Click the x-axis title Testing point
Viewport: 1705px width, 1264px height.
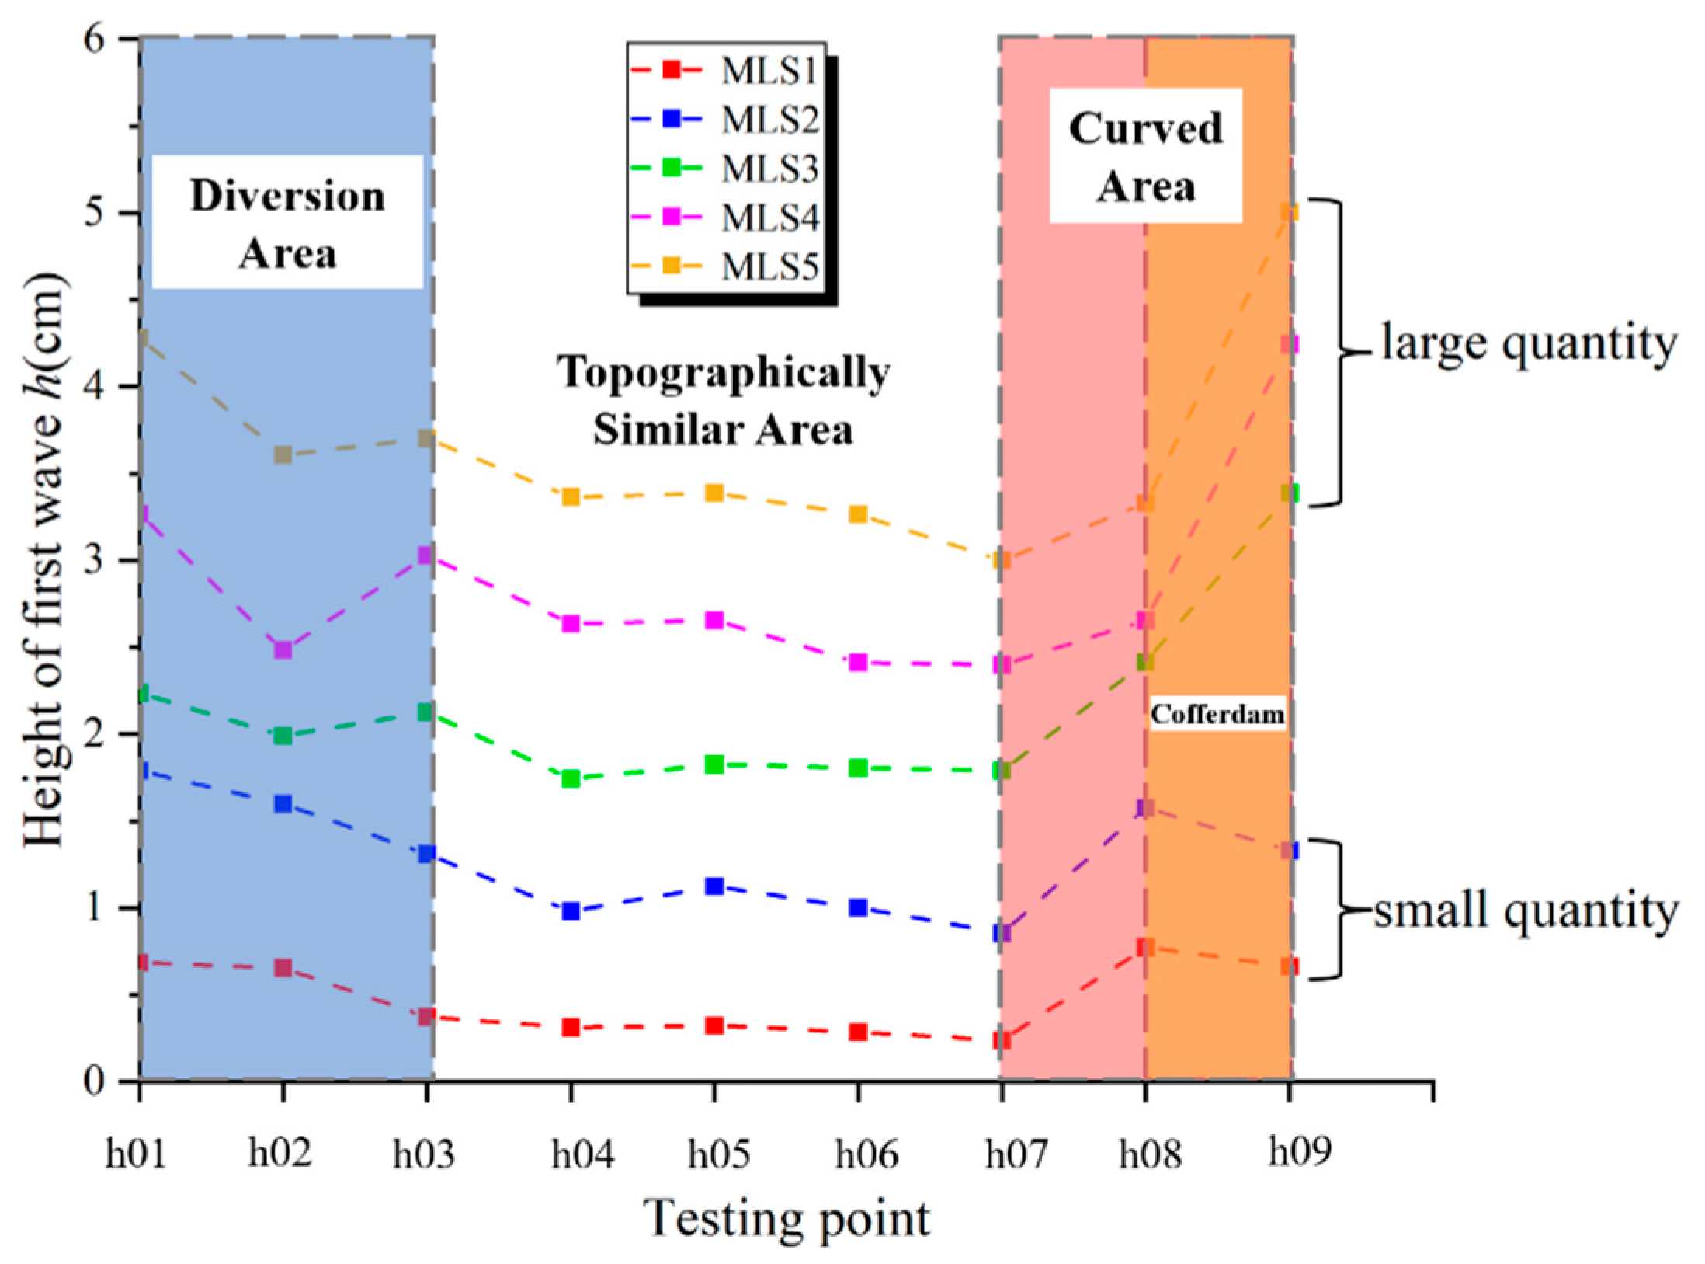(x=787, y=1218)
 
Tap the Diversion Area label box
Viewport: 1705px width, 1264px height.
(x=287, y=224)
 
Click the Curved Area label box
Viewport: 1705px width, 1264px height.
(x=1146, y=156)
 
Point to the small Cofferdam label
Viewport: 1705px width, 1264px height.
(x=1217, y=714)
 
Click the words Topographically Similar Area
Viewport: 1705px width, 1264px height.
(x=724, y=401)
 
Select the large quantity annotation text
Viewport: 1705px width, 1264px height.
(x=1528, y=344)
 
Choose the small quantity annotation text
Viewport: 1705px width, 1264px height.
(x=1526, y=910)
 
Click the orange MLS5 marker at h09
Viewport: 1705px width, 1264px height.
(x=1290, y=213)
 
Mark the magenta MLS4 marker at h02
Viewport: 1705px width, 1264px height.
(x=283, y=649)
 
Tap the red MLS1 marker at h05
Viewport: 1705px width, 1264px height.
(x=714, y=1025)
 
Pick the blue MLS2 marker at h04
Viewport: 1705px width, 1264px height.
(x=571, y=911)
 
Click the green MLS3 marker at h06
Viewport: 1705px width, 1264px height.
(x=858, y=768)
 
